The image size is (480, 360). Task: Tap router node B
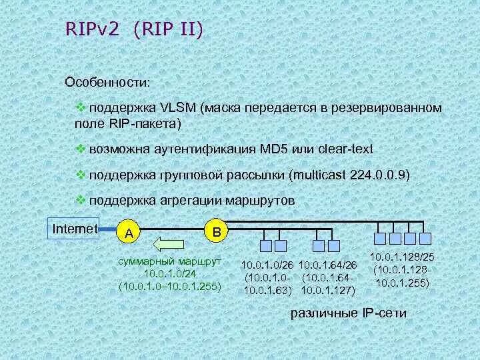coord(215,231)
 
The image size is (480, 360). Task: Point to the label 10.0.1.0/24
coord(169,274)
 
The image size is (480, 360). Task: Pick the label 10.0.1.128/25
coord(402,257)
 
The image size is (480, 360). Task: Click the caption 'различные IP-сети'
coord(349,314)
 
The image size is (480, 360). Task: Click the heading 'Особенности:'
coord(107,82)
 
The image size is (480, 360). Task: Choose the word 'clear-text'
coord(345,148)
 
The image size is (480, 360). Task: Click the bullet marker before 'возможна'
coord(78,148)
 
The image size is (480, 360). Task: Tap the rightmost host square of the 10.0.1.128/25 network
coord(425,239)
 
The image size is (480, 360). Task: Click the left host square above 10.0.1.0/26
coord(265,239)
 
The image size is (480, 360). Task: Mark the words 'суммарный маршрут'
coord(169,261)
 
